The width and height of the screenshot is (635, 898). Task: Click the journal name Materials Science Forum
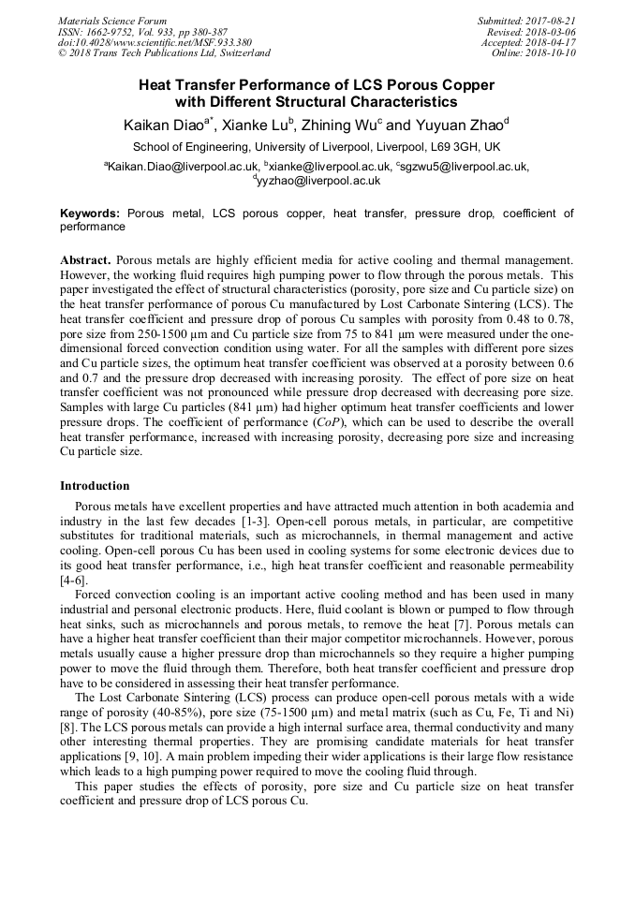[112, 21]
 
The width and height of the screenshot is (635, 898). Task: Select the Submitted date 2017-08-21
[554, 21]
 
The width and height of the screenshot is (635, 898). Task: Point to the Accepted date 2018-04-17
[554, 42]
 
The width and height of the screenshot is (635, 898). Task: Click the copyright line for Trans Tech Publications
[164, 53]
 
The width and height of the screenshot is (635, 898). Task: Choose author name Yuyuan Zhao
[459, 125]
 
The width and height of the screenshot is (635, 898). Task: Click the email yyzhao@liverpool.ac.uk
[319, 181]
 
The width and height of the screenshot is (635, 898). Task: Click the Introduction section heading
[95, 486]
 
